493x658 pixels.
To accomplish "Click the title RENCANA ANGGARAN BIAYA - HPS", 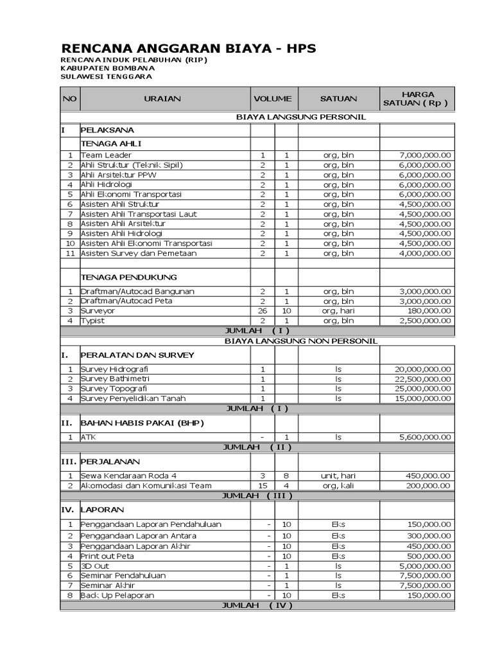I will click(x=188, y=49).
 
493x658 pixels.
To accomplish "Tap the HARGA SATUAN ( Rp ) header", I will click(x=417, y=99).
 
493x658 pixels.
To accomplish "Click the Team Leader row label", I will click(x=106, y=155).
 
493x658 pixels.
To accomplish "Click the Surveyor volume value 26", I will click(x=263, y=310).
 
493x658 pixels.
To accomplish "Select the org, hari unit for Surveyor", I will click(x=338, y=310).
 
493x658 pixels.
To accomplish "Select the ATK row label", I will click(x=87, y=437).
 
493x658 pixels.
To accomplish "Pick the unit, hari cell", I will click(x=338, y=476).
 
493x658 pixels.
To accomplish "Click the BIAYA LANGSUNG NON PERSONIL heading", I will click(x=301, y=341).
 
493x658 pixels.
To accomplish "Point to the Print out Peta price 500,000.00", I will click(x=429, y=556).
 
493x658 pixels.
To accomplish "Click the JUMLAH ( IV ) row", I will click(x=257, y=605).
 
